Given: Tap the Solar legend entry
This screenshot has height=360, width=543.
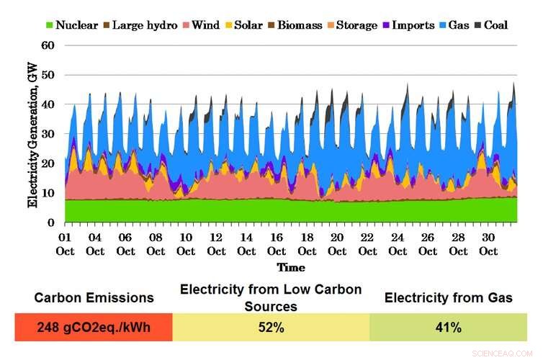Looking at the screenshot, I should point(243,25).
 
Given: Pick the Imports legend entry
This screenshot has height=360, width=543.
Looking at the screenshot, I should point(408,25).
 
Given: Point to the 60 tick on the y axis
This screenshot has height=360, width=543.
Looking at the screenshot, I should point(49,45).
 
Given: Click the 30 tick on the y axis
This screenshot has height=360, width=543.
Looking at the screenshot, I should point(49,134).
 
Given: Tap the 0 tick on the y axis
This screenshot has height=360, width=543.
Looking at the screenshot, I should point(52,223).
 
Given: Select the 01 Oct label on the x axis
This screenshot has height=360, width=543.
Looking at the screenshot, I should point(65,244).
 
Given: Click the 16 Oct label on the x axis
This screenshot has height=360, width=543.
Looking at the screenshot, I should point(277,244).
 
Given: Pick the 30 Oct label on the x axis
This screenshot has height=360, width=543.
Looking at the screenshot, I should point(490,244).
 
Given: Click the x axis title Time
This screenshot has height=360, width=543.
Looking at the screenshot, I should point(291,267).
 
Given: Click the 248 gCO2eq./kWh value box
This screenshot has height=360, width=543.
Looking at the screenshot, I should point(93,328).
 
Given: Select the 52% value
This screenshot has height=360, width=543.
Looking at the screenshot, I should point(271,328).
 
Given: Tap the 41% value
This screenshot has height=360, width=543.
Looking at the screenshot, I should point(449,328).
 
